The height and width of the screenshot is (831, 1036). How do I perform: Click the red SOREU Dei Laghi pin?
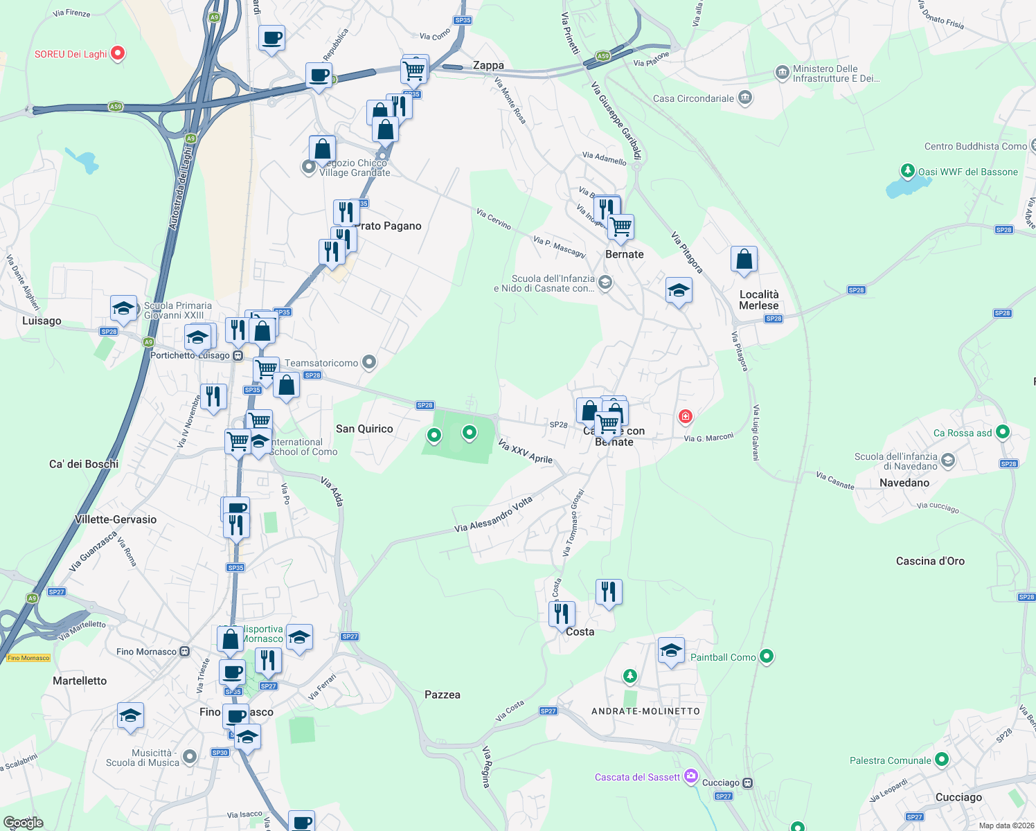click(118, 53)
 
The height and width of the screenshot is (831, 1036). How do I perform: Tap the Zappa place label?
click(488, 65)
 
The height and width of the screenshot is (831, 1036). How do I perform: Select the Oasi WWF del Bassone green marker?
click(907, 170)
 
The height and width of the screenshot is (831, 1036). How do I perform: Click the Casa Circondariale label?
click(693, 98)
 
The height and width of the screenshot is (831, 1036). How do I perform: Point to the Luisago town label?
click(42, 321)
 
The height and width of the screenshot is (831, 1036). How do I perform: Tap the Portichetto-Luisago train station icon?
click(238, 355)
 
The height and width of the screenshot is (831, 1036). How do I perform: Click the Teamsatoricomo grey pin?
click(369, 361)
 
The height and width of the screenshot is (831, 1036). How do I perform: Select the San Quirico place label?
click(364, 429)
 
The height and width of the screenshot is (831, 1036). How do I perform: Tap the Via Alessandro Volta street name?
click(493, 515)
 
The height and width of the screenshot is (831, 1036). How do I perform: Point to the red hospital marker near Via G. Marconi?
click(685, 416)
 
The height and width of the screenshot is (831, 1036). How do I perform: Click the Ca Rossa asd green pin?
click(1002, 432)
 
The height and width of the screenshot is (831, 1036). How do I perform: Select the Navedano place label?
click(904, 483)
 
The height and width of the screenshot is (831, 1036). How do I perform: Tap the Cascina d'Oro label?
click(930, 561)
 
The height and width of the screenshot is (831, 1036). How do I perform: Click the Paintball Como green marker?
click(766, 656)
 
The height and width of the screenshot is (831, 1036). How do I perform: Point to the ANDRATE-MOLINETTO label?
click(645, 711)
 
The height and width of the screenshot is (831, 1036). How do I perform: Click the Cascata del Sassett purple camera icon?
click(690, 776)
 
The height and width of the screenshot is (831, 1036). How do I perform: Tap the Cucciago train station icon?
click(747, 783)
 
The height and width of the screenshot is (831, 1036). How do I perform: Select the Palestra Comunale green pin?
click(941, 760)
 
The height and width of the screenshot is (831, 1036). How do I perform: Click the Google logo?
click(23, 823)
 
